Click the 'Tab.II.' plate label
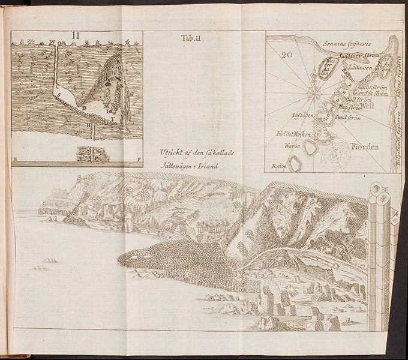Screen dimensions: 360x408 193,39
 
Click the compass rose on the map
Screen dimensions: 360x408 313,93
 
